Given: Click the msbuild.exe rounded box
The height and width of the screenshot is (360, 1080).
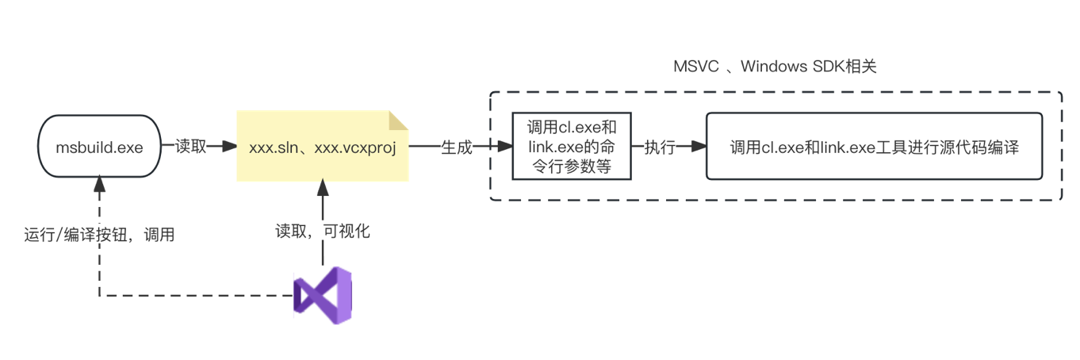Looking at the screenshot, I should click(99, 147).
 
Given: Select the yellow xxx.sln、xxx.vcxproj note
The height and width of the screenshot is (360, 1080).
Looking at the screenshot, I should click(322, 147).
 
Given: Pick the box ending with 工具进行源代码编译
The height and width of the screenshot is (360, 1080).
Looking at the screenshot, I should click(873, 147).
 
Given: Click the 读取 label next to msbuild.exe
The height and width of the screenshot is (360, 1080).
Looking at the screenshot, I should click(190, 147).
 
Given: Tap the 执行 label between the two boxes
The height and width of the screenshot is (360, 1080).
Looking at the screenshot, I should click(659, 147).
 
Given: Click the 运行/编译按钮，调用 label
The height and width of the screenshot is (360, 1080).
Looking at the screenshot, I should click(99, 234).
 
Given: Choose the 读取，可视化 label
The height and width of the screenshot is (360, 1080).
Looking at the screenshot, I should click(323, 232).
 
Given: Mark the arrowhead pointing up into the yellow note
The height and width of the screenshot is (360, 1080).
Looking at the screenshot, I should click(323, 187).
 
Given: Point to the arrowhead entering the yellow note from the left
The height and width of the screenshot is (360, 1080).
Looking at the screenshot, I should click(230, 147).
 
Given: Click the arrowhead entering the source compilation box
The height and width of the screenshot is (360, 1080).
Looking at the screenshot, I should click(699, 147).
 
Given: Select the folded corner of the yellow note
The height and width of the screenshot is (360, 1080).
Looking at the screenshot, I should click(397, 121).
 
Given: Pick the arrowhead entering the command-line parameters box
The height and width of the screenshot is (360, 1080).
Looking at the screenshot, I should click(504, 147).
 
